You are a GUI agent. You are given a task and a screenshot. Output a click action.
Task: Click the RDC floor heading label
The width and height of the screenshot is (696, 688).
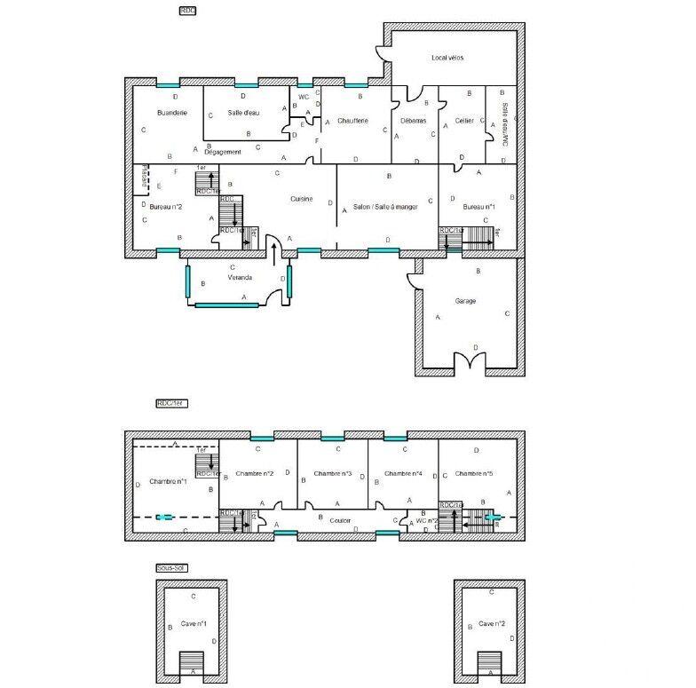pos(187,10)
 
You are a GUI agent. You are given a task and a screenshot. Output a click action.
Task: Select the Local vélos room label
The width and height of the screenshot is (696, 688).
pos(447,58)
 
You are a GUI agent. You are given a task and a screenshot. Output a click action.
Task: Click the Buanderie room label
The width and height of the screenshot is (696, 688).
pos(171,113)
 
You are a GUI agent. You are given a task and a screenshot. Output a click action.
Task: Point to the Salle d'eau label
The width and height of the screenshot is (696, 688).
pos(242,113)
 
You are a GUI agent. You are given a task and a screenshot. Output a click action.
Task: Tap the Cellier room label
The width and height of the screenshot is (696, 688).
pos(463,120)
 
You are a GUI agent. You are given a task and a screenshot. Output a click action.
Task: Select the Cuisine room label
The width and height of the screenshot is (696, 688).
pos(301,199)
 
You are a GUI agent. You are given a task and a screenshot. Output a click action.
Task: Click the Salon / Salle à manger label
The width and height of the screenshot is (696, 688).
pos(384,206)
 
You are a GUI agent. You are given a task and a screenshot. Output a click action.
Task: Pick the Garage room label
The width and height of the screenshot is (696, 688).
pos(465,301)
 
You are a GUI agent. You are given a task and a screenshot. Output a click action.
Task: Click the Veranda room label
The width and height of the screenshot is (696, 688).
pos(239,278)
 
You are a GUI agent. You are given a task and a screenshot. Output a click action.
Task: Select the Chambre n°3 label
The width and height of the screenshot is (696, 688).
pos(333,474)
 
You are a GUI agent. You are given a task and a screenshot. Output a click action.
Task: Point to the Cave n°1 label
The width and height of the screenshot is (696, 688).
pos(194,624)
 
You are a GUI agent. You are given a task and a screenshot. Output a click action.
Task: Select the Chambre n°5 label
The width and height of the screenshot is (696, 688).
pos(473,474)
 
